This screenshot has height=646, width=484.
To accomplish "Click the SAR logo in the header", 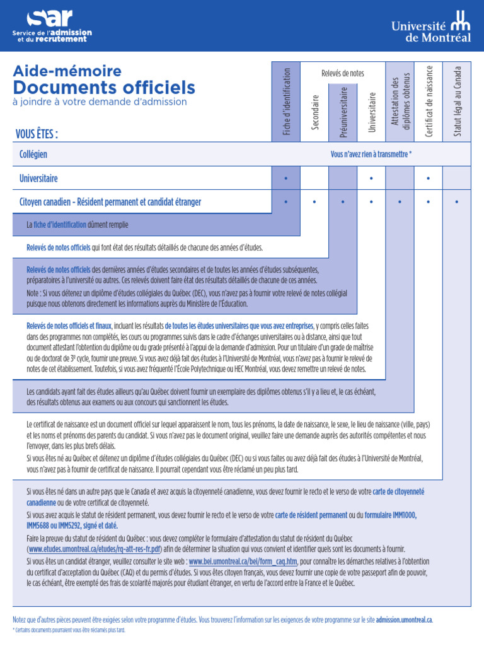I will tap(52, 25).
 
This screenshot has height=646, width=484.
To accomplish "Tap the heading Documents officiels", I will tap(104, 87).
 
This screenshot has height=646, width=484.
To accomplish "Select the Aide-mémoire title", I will tap(67, 71).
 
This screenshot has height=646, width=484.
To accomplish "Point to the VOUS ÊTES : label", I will tap(37, 134).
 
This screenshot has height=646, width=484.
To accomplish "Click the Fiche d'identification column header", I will tap(286, 101).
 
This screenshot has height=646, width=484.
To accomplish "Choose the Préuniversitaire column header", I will tap(343, 112).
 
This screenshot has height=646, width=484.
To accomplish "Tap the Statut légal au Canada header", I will tap(458, 101).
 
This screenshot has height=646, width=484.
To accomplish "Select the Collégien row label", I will tap(33, 155).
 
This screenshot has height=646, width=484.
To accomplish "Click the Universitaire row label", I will tap(38, 179).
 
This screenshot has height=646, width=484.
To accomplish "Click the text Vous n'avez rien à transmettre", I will tap(371, 155).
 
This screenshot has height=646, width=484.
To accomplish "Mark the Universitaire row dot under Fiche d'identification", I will tap(286, 179).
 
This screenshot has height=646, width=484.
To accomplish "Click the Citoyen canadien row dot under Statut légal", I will tap(457, 203).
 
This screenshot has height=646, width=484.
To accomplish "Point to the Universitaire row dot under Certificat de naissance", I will tap(429, 179).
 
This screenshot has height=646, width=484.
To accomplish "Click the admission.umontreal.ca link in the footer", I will tap(404, 620).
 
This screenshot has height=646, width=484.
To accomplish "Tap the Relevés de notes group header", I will tap(343, 73).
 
